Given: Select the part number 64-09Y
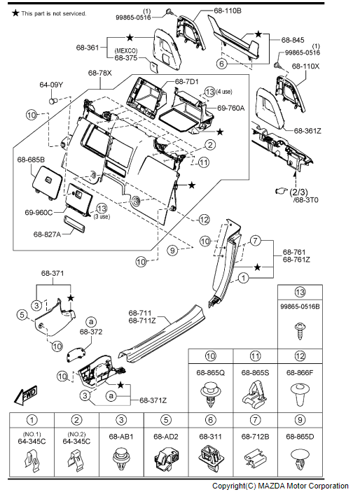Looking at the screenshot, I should (51, 85).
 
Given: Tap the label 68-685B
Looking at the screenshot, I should (31, 159).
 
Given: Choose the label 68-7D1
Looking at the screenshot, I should (187, 82).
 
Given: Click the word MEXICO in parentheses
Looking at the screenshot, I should (125, 50).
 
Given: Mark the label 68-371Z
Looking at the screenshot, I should (152, 400).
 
